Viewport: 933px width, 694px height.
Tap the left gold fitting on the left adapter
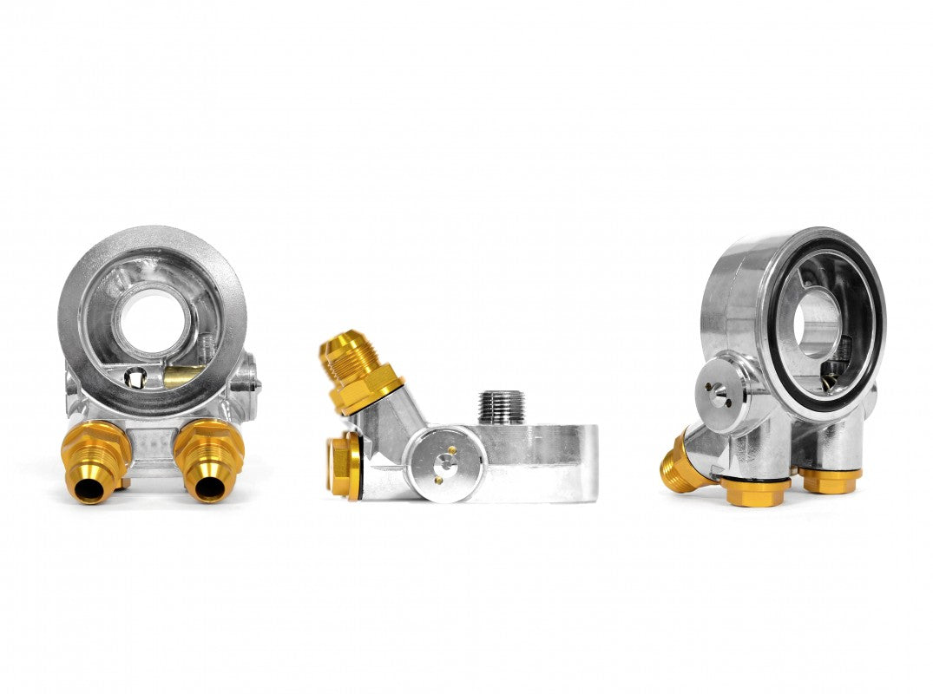point(95,460)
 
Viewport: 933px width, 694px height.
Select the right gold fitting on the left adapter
point(208,460)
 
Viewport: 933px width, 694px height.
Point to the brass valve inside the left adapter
point(183,376)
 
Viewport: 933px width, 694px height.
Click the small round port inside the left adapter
point(135,378)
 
